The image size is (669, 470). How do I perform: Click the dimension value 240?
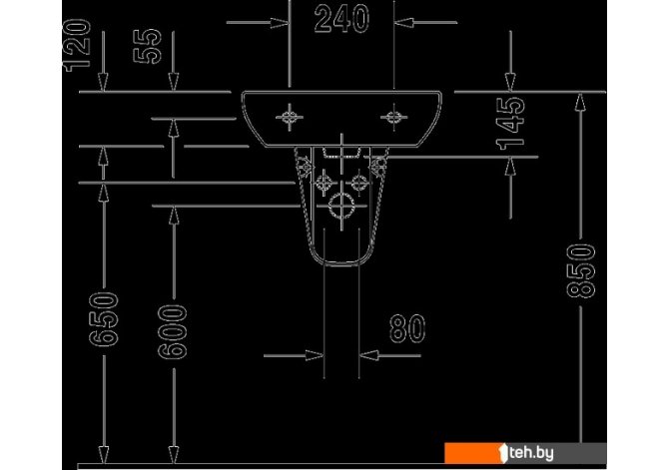click(x=341, y=19)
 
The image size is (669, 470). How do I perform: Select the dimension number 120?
click(x=77, y=45)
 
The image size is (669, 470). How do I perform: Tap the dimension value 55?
click(x=147, y=46)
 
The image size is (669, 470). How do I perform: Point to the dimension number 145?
click(x=510, y=124)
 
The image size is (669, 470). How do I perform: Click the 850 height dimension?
click(x=581, y=270)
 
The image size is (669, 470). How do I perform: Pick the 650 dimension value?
click(x=104, y=318)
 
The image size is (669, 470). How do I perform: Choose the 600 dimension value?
click(x=173, y=331)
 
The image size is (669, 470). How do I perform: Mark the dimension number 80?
click(x=407, y=329)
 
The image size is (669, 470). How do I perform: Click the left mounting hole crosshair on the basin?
click(x=290, y=117)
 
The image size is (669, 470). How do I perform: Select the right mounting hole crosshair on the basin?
click(x=393, y=117)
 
